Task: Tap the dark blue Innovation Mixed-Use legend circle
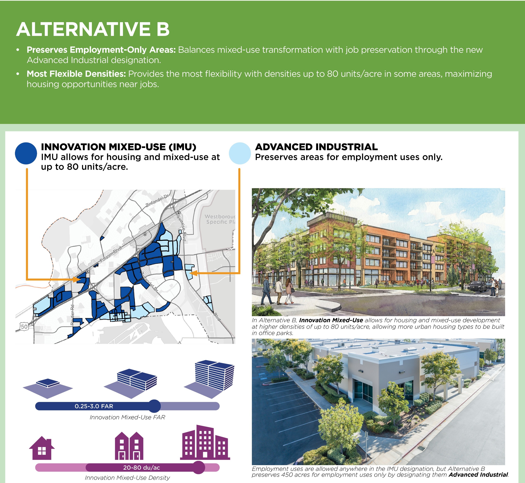[26, 153]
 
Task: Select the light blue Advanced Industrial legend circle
[240, 153]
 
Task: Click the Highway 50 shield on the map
[24, 326]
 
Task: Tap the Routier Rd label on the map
[72, 315]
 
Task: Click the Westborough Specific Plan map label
[220, 219]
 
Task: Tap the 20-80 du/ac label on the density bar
[142, 468]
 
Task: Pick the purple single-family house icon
[42, 448]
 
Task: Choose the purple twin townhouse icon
[129, 446]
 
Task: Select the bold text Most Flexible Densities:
[76, 74]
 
